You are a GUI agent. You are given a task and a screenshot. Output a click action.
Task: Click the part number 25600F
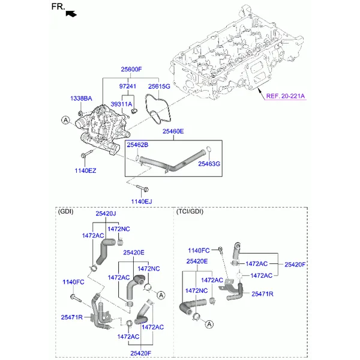click(131, 69)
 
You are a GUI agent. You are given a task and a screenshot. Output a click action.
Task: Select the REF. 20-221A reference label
click(286, 96)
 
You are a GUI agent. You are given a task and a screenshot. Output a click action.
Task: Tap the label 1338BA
click(81, 98)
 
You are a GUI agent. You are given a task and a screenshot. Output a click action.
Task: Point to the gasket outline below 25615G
click(158, 109)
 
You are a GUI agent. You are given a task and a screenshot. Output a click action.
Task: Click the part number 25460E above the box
click(173, 131)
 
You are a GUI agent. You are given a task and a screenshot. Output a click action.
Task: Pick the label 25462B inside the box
click(137, 145)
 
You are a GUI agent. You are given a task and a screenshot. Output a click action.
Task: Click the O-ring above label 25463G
click(208, 149)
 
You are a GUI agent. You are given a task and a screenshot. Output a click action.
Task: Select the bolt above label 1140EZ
click(87, 154)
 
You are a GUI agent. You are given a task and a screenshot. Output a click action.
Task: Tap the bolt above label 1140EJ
click(142, 188)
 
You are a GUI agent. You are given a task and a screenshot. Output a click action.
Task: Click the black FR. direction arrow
click(71, 14)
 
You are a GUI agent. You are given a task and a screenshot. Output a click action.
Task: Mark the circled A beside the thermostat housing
click(65, 120)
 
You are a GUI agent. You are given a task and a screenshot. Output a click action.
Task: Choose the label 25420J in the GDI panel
click(106, 214)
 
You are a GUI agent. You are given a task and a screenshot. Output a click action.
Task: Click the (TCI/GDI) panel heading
click(190, 211)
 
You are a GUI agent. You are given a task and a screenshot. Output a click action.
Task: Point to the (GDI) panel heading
click(65, 211)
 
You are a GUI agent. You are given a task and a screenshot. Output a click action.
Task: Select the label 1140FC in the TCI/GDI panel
click(199, 250)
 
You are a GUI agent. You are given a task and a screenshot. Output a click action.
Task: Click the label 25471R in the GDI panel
click(71, 317)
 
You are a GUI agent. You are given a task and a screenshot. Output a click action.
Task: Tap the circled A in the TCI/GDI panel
click(209, 325)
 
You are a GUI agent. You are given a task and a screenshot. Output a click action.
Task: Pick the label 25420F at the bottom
click(141, 353)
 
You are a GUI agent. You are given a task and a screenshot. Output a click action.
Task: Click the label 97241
click(128, 86)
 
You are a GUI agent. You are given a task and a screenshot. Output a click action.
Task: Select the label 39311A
click(121, 104)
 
